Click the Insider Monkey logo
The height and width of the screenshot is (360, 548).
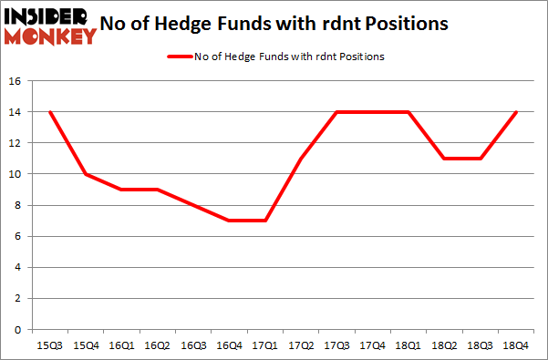(x=50, y=25)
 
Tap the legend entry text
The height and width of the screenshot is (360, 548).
(x=288, y=57)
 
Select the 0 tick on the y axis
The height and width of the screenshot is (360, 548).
(x=19, y=329)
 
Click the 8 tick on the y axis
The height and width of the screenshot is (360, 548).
(x=19, y=205)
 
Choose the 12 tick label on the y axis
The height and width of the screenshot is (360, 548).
(x=16, y=143)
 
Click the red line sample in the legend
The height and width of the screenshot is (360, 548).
(x=178, y=57)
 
